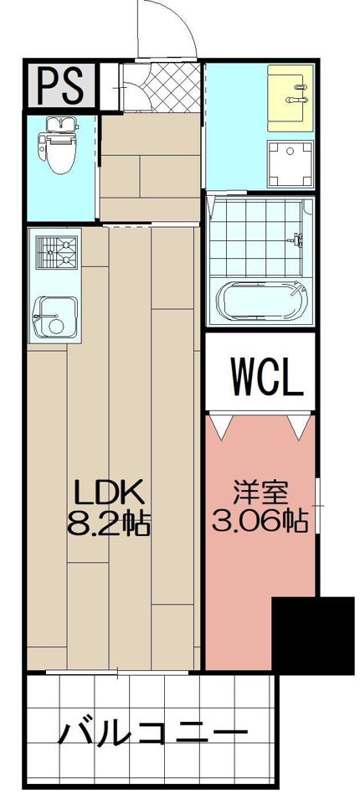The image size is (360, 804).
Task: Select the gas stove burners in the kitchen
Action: coord(56,251)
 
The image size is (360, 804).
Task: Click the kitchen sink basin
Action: coord(55,317)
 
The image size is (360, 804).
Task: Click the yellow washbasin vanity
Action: coord(291,98)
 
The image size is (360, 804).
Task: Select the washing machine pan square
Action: coord(290,164)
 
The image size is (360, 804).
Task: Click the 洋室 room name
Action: coord(260,492)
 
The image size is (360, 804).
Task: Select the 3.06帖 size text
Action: coord(260,522)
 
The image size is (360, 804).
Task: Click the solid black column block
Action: coord(313,636)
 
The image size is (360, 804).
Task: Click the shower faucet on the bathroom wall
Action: coord(296,239)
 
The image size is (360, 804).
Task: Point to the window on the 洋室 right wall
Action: coord(318,506)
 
